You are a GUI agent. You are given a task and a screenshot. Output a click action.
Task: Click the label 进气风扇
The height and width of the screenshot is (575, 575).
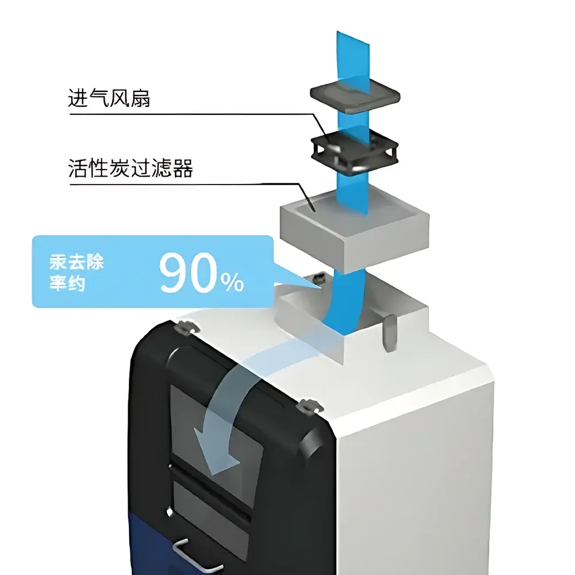(x=109, y=98)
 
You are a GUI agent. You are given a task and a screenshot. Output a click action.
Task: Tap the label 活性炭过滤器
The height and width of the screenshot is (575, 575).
(x=131, y=168)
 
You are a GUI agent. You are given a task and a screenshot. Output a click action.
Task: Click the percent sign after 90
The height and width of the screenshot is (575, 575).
(x=232, y=282)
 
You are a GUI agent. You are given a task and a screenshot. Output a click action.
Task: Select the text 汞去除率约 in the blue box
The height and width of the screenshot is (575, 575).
(x=76, y=273)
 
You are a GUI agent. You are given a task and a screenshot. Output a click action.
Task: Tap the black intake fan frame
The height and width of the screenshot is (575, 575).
(x=355, y=151)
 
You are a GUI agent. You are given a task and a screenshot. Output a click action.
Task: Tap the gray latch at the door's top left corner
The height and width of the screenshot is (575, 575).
(x=187, y=328)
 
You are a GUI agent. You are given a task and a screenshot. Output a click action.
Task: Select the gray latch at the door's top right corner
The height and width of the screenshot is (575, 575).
(x=310, y=407)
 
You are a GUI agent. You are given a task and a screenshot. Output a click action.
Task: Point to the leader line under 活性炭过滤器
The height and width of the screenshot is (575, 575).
(x=191, y=184)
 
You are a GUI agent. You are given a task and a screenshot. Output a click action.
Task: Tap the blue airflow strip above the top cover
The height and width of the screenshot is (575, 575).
(x=353, y=58)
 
